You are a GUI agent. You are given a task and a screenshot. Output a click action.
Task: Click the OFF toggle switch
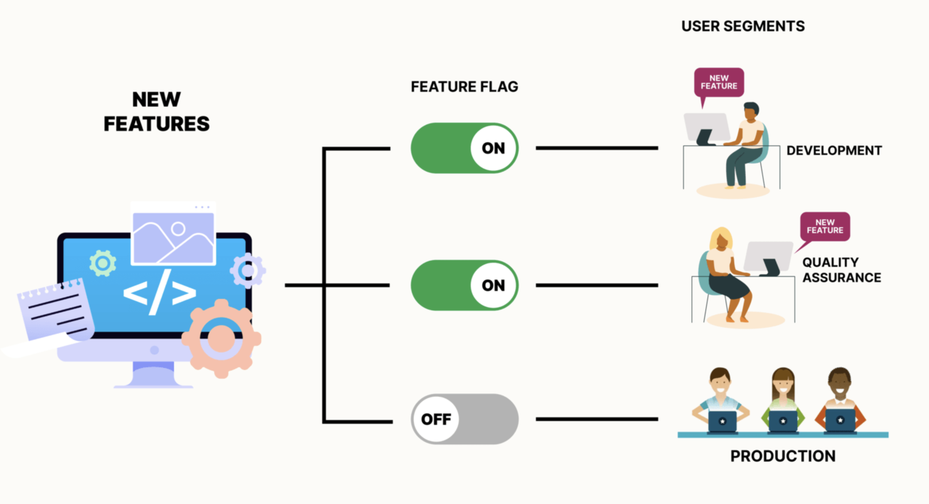point(464,419)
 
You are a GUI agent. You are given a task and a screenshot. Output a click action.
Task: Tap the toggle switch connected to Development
point(464,148)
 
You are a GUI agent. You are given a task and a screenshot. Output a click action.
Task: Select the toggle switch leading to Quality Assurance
point(464,285)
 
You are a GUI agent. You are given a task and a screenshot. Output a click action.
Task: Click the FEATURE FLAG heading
point(464,87)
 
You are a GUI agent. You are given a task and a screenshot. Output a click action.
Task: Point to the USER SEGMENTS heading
point(743,26)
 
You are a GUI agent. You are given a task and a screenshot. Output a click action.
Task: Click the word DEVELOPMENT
point(834,150)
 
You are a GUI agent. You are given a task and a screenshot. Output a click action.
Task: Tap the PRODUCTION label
point(783,456)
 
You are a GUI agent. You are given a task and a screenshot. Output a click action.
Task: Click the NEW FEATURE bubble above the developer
point(719,82)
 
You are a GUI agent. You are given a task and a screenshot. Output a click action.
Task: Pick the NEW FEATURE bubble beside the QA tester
point(825,227)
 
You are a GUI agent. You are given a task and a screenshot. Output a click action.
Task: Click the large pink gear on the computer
point(221,338)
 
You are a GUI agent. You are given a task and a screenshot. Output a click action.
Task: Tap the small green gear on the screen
point(103,263)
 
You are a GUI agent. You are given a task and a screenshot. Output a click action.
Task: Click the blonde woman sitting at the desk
point(725,270)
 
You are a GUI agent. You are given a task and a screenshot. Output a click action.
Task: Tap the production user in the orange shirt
point(840,400)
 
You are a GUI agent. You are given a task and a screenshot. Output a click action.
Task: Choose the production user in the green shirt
point(783,400)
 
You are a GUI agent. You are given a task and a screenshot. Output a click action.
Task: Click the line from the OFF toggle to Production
point(597,419)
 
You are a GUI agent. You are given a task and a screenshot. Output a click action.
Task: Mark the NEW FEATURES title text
point(157,112)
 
